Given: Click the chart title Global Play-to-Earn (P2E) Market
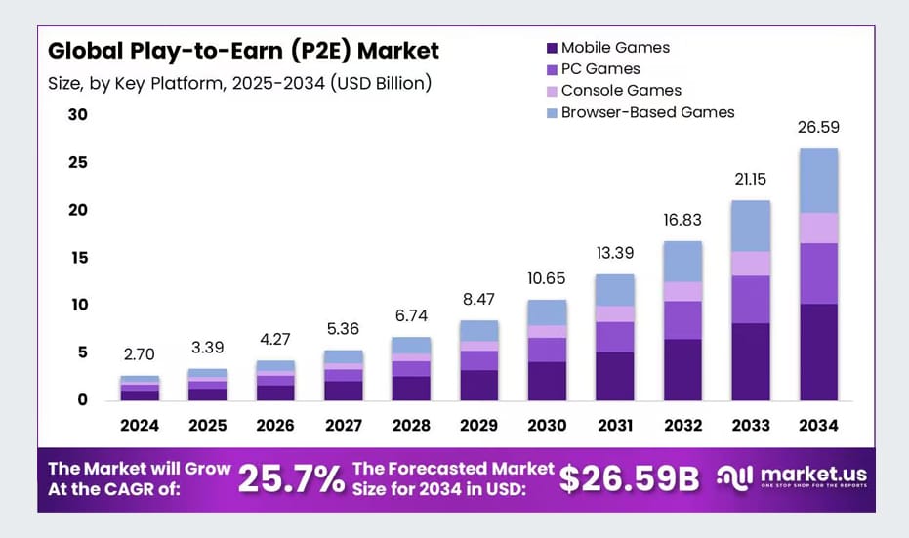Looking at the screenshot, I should click(x=243, y=50).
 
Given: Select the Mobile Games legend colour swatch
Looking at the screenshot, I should click(x=552, y=48).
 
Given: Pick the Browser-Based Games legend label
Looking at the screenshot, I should click(x=647, y=112).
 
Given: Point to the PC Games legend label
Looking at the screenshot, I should click(x=600, y=69).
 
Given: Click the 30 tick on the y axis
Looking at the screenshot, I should click(x=77, y=114).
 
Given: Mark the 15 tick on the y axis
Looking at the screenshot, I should click(x=77, y=258).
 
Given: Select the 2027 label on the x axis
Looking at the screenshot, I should click(x=344, y=426).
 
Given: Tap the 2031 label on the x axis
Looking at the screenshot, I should click(x=615, y=426).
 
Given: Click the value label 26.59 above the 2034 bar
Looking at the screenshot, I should click(x=818, y=127).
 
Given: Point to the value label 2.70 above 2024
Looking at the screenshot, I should click(x=140, y=354).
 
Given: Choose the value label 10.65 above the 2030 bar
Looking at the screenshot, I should click(x=547, y=277).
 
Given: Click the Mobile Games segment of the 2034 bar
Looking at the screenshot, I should click(x=818, y=352).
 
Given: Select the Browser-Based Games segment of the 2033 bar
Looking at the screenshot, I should click(x=751, y=226).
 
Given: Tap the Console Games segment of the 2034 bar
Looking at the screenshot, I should click(x=818, y=228).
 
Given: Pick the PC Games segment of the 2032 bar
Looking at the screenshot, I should click(x=682, y=320).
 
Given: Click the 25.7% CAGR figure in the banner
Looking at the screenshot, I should click(x=291, y=478).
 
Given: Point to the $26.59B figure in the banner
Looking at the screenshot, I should click(x=630, y=478).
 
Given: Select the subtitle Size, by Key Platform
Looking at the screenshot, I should click(x=239, y=83).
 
